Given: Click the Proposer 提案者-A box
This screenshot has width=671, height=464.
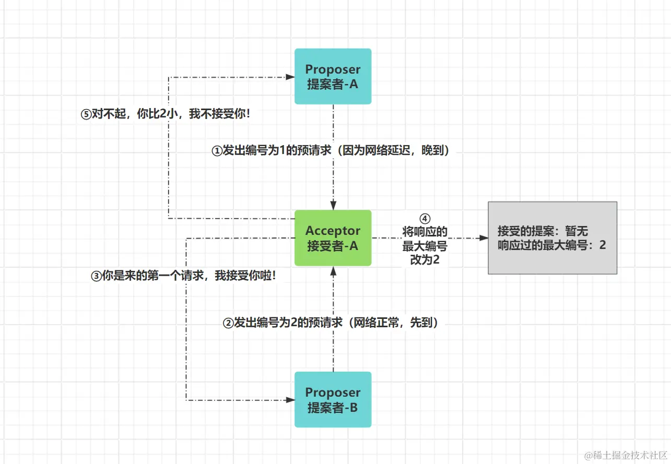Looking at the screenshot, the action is (333, 76).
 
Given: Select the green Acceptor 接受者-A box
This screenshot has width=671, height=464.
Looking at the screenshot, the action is (333, 238).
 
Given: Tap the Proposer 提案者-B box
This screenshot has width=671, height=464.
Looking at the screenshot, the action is (333, 400).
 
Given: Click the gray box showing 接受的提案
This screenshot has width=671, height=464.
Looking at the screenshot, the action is (552, 238).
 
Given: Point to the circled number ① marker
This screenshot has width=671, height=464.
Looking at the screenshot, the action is (217, 151).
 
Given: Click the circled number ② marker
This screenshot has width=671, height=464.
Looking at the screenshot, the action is (228, 323).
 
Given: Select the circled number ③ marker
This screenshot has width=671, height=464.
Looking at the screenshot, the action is (97, 276).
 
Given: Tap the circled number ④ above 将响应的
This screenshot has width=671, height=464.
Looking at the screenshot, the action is (425, 219).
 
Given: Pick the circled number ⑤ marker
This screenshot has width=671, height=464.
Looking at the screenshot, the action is (86, 114).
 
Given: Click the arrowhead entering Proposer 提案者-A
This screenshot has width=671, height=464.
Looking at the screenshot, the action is (290, 77).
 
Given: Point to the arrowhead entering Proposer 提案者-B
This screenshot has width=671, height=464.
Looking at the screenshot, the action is (290, 400).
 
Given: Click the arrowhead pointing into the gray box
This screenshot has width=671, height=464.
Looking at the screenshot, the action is (484, 238).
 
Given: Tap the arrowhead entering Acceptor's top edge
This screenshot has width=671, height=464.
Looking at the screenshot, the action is (333, 205).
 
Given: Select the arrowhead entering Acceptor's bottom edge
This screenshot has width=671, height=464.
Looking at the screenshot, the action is (333, 270).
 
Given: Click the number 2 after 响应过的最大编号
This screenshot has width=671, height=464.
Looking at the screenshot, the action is (603, 245).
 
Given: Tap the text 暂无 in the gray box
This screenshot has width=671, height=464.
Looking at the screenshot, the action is (576, 231).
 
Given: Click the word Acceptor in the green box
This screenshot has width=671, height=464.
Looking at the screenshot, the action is (333, 231).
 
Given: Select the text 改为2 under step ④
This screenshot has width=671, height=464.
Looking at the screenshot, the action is (425, 259).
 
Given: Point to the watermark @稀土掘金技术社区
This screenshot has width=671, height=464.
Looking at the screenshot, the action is (626, 455).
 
